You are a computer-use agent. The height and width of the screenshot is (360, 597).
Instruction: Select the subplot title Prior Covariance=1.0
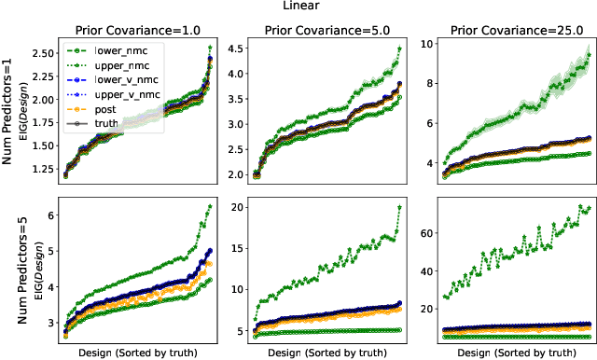(x=138, y=27)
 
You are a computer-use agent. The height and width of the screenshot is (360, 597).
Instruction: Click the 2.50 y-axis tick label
(x=40, y=53)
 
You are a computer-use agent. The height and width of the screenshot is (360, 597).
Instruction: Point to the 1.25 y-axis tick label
(x=40, y=169)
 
